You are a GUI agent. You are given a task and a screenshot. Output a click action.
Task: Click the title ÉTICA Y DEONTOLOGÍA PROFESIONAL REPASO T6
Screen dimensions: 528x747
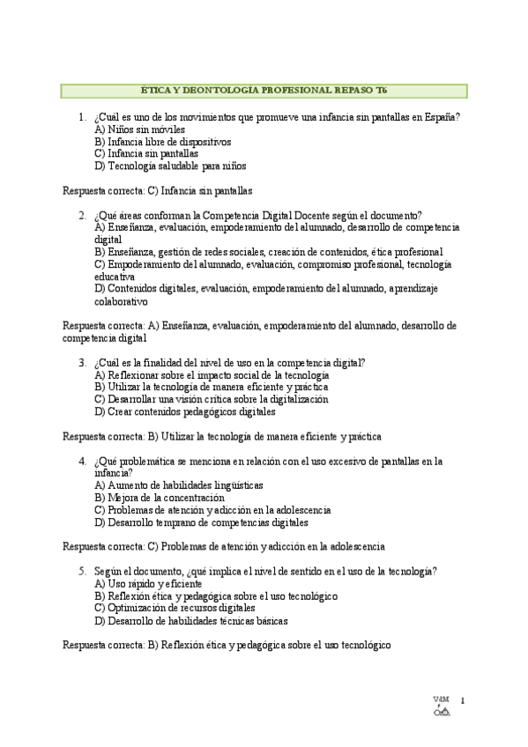point(264,91)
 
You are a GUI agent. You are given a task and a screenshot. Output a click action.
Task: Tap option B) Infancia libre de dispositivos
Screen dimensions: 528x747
point(162,141)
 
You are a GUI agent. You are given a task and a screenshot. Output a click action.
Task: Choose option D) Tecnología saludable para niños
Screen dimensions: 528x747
point(170,165)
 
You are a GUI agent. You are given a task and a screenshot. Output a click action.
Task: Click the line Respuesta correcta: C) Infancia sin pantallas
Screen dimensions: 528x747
point(158,189)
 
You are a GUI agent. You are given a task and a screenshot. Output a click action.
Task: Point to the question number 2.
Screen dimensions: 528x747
point(81,214)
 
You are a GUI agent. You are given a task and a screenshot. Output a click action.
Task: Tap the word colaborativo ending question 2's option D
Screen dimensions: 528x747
point(122,300)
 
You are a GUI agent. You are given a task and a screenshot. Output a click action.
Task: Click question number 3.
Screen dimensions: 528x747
point(81,362)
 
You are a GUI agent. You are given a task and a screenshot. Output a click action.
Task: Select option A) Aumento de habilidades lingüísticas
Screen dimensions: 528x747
point(178,484)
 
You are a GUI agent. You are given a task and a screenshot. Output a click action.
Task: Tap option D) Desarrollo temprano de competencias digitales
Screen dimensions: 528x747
point(201,521)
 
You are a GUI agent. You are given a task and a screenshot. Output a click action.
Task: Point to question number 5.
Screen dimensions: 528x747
point(81,571)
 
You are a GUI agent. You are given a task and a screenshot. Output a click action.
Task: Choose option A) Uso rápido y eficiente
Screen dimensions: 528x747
point(148,583)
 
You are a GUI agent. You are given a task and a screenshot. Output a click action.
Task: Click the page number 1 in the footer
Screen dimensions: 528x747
point(462,701)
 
